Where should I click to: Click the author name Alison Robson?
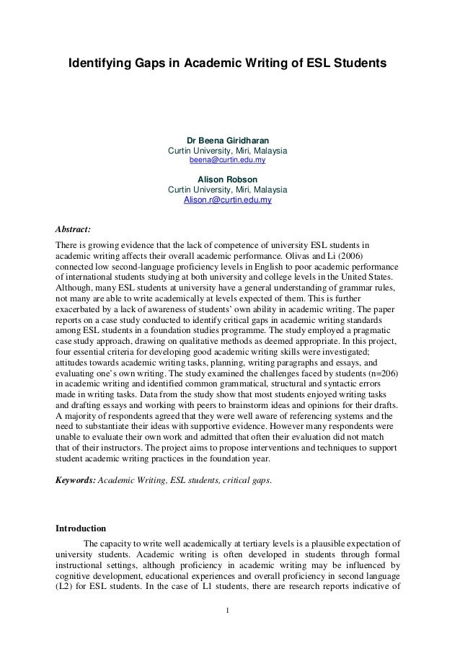[x=227, y=179]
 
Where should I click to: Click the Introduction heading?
[x=81, y=527]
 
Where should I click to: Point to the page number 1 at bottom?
[x=228, y=614]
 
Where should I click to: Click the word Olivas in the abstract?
[x=318, y=255]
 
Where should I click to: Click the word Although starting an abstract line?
[x=75, y=293]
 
